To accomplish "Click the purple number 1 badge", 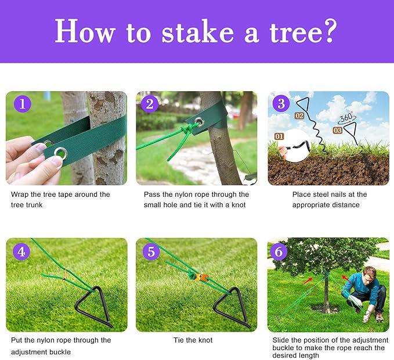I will pos(22,105).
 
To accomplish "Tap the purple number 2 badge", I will pos(150,105).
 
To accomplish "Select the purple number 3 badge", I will pos(281,104).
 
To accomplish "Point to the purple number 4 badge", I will pos(21,251).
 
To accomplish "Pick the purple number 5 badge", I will pos(151,251).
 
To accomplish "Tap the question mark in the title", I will pos(329,31).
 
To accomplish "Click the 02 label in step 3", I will pos(299,116).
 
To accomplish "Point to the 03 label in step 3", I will pos(337,131).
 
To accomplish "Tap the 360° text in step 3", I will pos(346,117).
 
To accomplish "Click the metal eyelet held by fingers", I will pos(60,152).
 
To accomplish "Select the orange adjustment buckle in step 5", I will pos(194,276).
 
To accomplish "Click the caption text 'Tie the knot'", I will pos(193,340).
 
